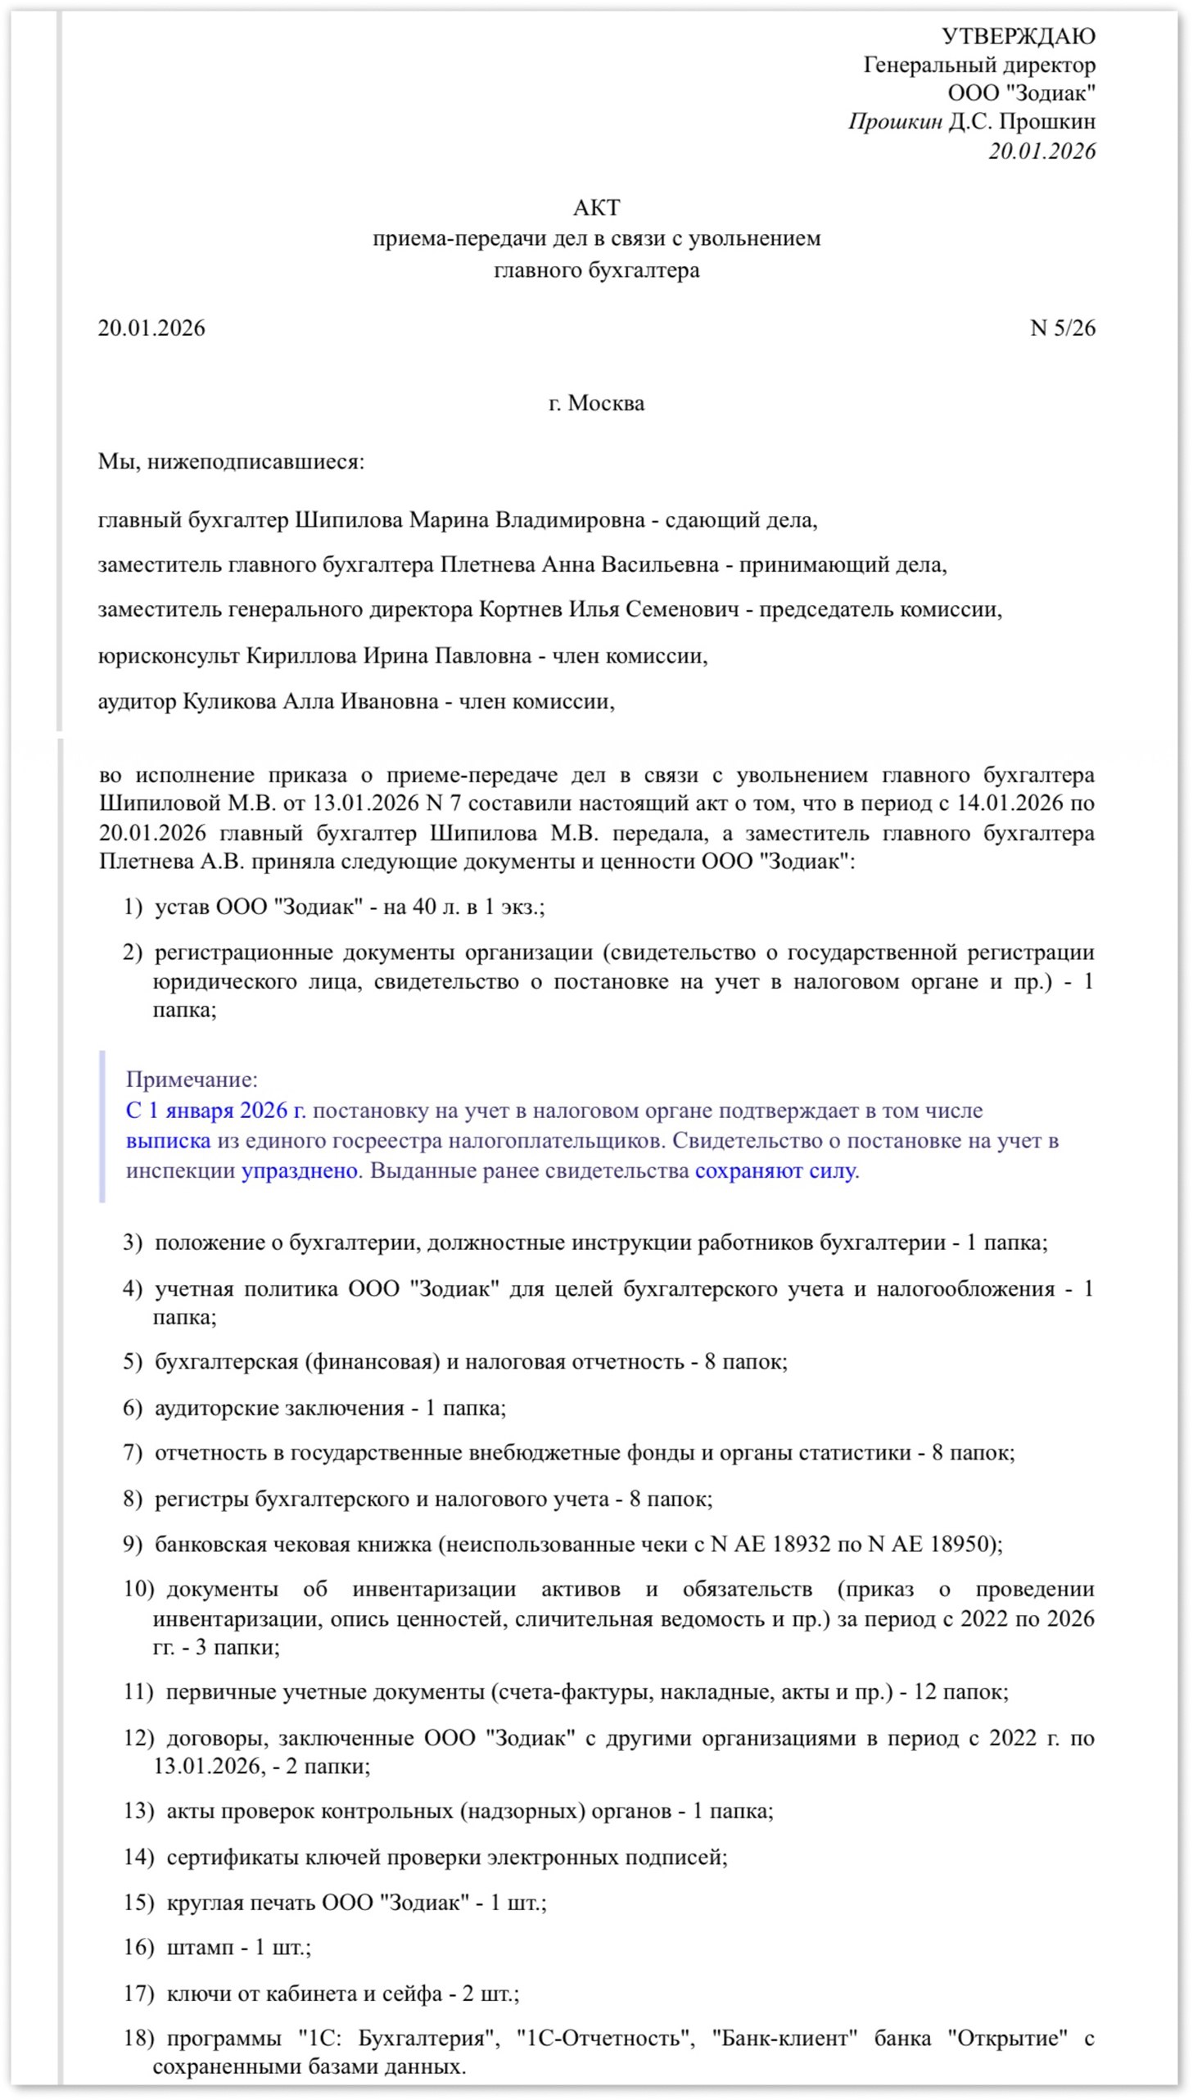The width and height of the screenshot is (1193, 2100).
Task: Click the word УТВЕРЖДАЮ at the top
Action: click(1018, 36)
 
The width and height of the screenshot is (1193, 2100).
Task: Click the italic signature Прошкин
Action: click(895, 122)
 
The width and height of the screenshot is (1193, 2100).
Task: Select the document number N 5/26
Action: click(1062, 328)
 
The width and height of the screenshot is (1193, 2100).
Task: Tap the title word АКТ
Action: click(595, 207)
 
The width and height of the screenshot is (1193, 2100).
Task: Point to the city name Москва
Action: click(607, 403)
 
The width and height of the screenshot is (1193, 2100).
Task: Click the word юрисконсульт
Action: click(168, 656)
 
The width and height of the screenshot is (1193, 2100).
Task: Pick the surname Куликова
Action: click(228, 701)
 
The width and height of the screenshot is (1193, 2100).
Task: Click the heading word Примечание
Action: click(192, 1080)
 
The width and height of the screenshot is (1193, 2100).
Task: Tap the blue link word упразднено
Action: click(299, 1171)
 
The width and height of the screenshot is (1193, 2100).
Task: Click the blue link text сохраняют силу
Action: click(775, 1171)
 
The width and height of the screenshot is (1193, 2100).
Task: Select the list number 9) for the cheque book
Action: click(133, 1545)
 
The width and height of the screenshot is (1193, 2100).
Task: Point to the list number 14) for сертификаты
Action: click(138, 1857)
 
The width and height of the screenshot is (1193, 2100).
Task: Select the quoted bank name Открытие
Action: click(1008, 2038)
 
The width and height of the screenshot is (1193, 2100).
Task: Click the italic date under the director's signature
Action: click(1042, 151)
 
